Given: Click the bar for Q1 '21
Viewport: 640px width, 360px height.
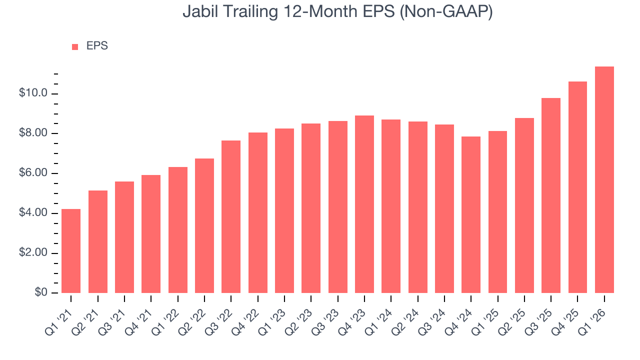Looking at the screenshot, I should pyautogui.click(x=71, y=251).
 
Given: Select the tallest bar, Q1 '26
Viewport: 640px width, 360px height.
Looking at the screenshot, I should pyautogui.click(x=604, y=180).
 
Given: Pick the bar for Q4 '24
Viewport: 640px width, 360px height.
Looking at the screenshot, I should pyautogui.click(x=471, y=214).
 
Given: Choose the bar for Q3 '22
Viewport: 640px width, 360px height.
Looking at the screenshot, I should pyautogui.click(x=231, y=216).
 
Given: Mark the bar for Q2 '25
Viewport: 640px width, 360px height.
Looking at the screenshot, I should pyautogui.click(x=524, y=205).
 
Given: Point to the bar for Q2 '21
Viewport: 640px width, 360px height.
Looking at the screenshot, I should pyautogui.click(x=98, y=241).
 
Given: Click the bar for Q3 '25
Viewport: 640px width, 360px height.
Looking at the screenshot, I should pyautogui.click(x=551, y=195).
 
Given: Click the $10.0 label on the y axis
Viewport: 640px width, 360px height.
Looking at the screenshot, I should pyautogui.click(x=33, y=93).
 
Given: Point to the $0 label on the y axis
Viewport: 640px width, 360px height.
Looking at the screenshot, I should pyautogui.click(x=41, y=292).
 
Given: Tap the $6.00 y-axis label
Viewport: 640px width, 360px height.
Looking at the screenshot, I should pyautogui.click(x=33, y=173).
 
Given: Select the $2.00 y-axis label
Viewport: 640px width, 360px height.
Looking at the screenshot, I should pyautogui.click(x=33, y=253).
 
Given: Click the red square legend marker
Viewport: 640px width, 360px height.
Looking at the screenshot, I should pyautogui.click(x=75, y=46).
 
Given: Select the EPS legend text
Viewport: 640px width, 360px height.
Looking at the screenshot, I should pyautogui.click(x=97, y=46).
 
